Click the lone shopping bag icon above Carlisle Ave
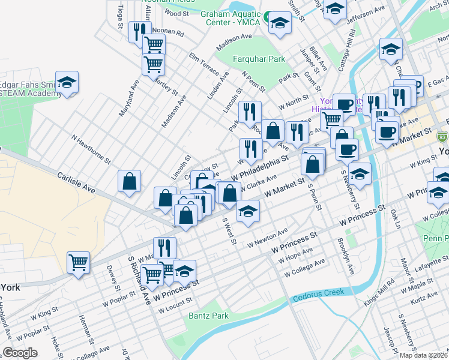click(130, 182)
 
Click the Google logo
click(20, 353)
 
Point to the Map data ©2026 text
click(424, 355)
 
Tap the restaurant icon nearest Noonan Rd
click(137, 31)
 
